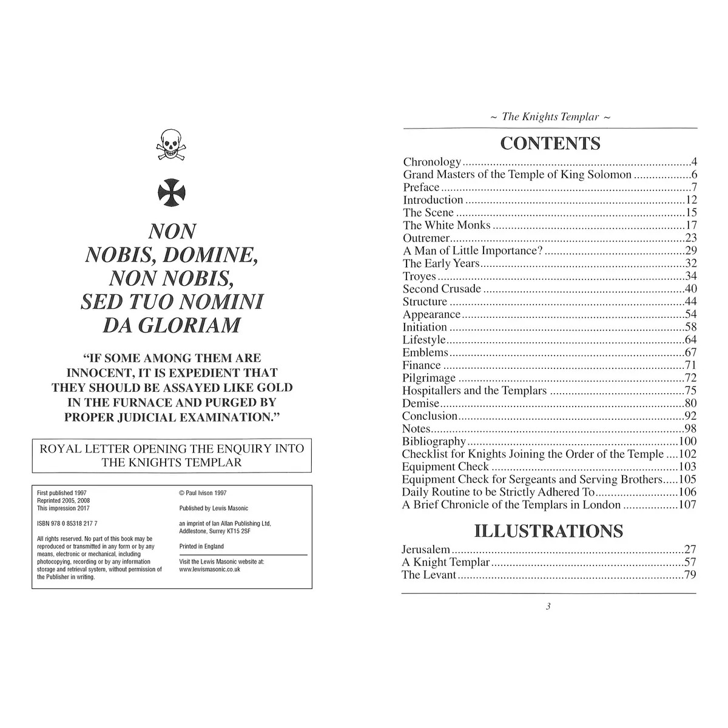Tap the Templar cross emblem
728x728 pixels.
coord(172,192)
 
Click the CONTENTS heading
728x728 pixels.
coord(550,144)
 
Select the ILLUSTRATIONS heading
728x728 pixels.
coord(548,531)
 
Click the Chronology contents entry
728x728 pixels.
coord(432,162)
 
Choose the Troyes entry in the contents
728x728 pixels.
coord(419,277)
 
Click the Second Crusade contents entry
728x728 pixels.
coord(442,289)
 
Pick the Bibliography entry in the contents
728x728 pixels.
coord(434,441)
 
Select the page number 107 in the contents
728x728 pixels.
coord(687,505)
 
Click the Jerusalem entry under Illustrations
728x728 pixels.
coord(426,550)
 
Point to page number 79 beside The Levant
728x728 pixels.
coord(690,575)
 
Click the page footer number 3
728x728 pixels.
coord(548,606)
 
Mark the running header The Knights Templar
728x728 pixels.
coord(549,117)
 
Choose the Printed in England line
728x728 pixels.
coord(202,546)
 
